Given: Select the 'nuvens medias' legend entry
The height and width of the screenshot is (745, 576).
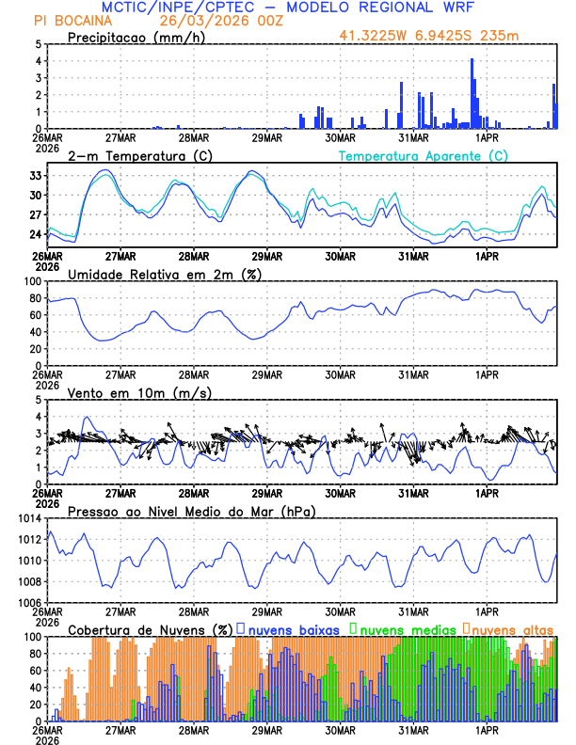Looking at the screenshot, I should coord(406,629).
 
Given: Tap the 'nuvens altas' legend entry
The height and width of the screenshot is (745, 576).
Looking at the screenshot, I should coord(514,629).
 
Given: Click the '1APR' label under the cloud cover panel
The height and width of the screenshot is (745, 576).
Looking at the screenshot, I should coord(488,729).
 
